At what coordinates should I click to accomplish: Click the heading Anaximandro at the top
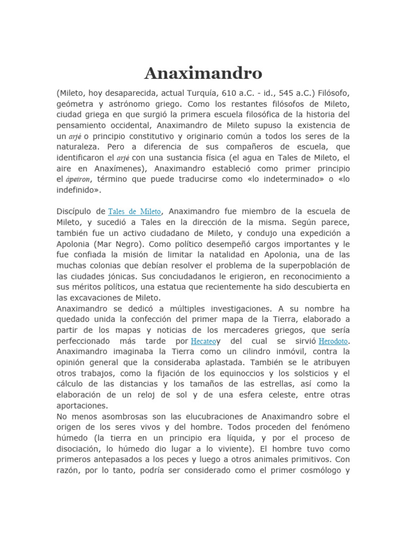tap(203, 73)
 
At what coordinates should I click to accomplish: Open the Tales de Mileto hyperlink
tap(135, 212)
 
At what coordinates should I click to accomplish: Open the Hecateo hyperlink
tap(204, 341)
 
